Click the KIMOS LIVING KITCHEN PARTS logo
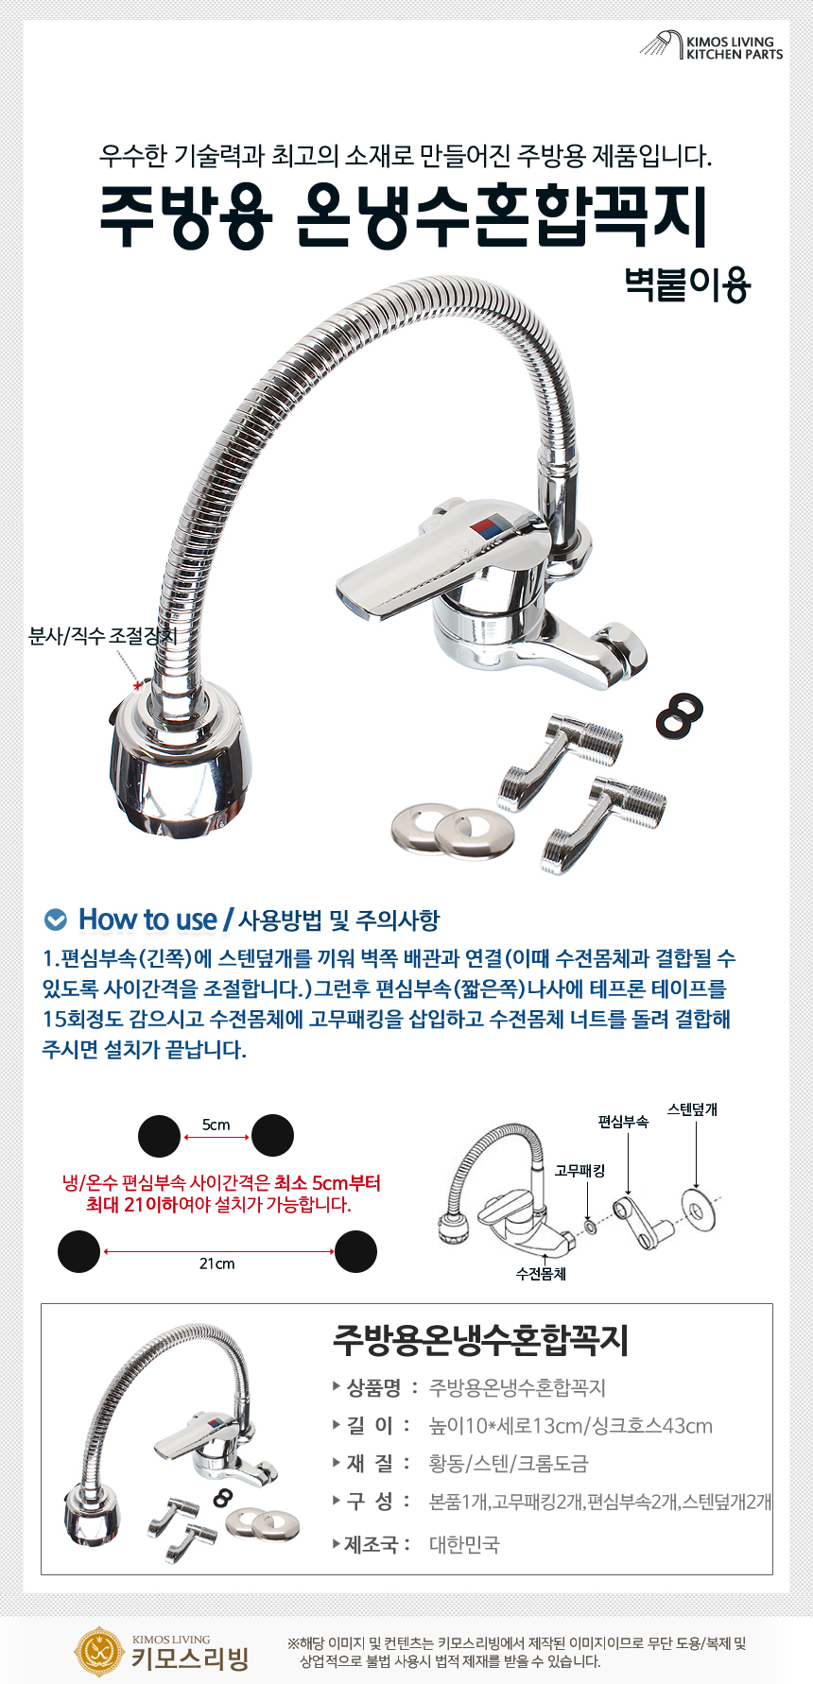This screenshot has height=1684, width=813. (x=712, y=46)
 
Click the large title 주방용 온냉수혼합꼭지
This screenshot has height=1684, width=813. (x=405, y=216)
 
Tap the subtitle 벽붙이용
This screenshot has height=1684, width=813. (x=687, y=284)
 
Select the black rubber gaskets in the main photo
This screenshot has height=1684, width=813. (x=681, y=715)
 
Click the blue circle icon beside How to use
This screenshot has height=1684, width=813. (x=57, y=919)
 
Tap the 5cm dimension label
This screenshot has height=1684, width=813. (x=216, y=1125)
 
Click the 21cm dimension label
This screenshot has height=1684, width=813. (x=216, y=1263)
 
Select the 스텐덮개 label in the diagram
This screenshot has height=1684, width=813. (x=692, y=1109)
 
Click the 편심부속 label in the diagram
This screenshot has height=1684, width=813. (x=623, y=1122)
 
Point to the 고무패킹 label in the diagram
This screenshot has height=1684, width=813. (x=579, y=1170)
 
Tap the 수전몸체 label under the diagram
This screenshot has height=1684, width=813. (x=541, y=1274)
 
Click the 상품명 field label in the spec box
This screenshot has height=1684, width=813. (x=374, y=1387)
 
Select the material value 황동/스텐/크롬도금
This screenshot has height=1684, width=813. (x=509, y=1463)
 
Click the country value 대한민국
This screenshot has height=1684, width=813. (x=464, y=1544)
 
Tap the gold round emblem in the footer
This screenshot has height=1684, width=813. (x=98, y=1651)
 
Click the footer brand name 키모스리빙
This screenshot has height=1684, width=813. (x=190, y=1658)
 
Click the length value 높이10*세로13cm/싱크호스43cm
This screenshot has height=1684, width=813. (x=571, y=1425)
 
